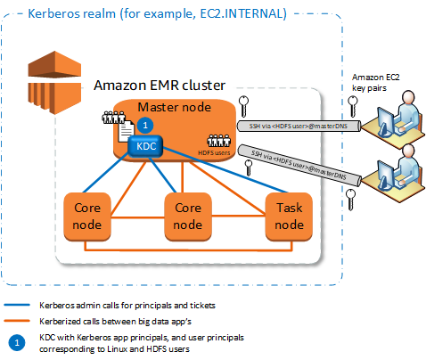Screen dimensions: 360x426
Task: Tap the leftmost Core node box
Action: [x=87, y=216]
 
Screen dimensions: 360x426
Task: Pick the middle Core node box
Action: [x=189, y=216]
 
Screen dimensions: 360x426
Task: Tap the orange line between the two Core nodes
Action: [x=138, y=215]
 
